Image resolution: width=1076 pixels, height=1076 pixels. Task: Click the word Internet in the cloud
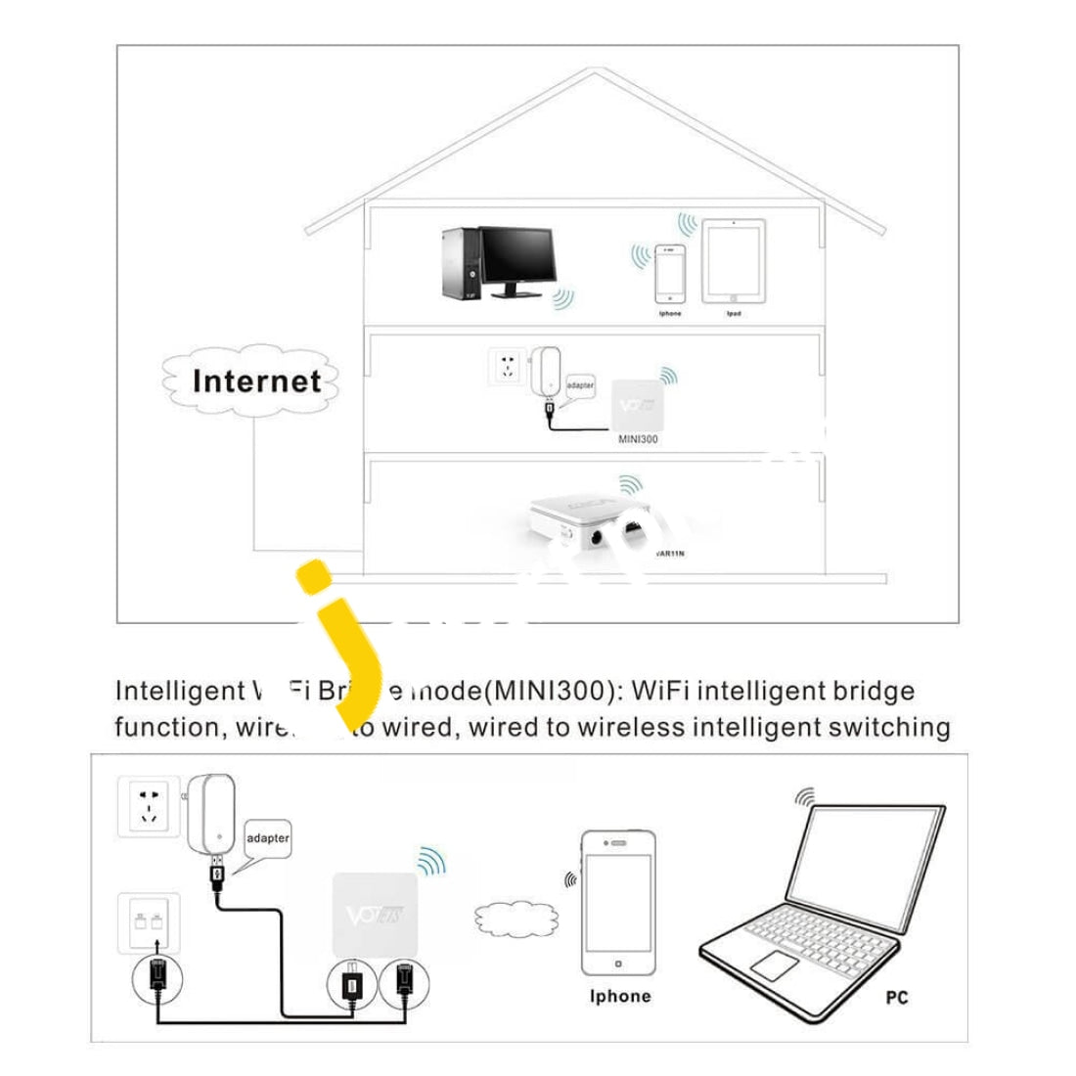click(x=256, y=381)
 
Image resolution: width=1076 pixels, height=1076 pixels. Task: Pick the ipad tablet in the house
click(x=734, y=261)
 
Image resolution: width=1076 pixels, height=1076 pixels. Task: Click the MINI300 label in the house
click(x=638, y=439)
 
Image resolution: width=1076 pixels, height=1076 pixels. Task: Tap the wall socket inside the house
click(x=507, y=366)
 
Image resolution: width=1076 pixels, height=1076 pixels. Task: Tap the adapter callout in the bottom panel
click(x=267, y=839)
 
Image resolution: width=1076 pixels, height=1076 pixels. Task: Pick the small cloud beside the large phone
click(x=506, y=919)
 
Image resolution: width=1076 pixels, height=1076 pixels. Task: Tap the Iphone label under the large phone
click(x=619, y=997)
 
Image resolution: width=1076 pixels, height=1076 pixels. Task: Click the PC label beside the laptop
click(x=896, y=998)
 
